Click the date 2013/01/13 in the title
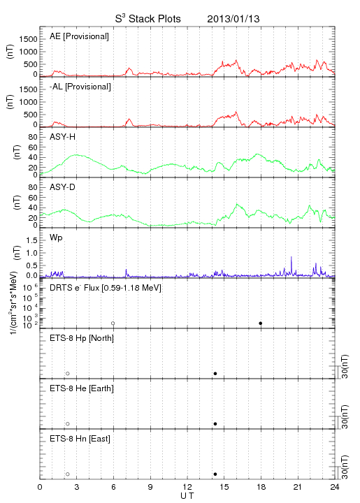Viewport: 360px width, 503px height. click(233, 19)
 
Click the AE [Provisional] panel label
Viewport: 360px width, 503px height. click(79, 36)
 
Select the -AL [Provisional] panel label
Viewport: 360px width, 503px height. click(80, 87)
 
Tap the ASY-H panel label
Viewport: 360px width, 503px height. click(63, 137)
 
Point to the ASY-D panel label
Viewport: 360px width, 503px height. click(63, 187)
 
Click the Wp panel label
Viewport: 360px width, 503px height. click(56, 238)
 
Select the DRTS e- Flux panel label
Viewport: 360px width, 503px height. click(106, 288)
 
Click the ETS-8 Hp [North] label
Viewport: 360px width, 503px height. click(82, 338)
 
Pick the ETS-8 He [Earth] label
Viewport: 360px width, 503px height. click(82, 388)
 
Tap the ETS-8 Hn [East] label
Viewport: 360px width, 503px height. click(80, 439)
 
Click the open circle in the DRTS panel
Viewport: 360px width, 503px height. click(113, 323)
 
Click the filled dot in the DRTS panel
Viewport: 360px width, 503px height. click(261, 323)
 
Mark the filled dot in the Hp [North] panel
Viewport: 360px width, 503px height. click(215, 373)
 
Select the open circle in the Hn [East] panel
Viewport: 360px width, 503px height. click(68, 474)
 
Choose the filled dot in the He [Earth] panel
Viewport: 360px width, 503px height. click(215, 424)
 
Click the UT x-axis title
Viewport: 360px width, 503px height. click(187, 496)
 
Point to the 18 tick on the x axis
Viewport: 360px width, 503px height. click(261, 487)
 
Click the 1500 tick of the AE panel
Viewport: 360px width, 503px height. click(29, 39)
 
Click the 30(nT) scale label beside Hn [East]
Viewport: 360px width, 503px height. click(345, 467)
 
